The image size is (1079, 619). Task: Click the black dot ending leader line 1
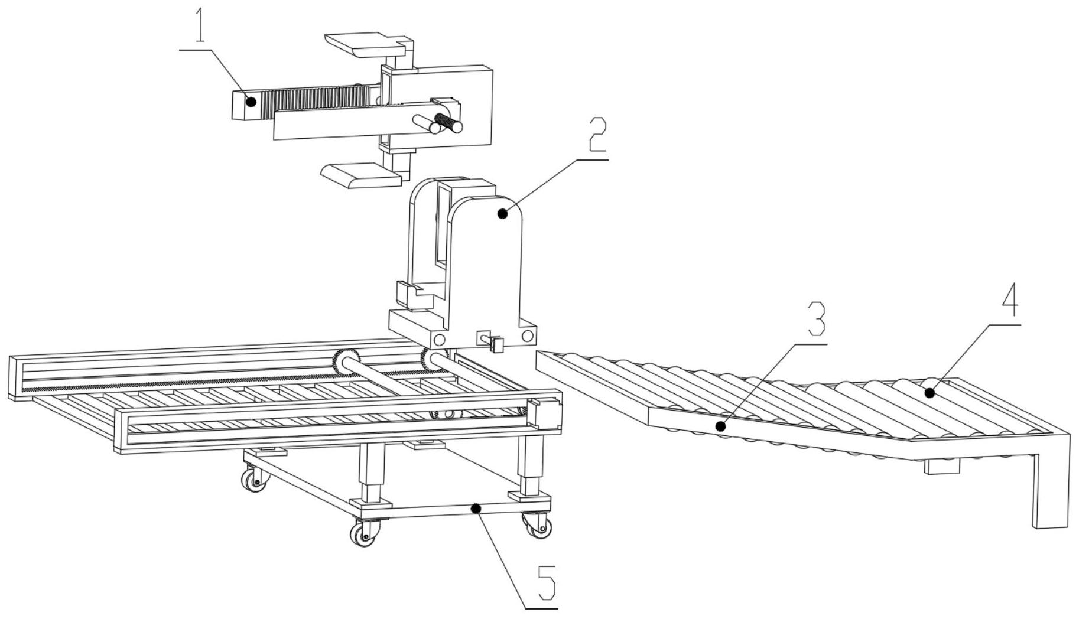click(251, 102)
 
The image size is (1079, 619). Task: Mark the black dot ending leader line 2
click(503, 213)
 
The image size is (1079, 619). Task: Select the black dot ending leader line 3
click(720, 426)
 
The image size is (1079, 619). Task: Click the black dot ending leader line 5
click(476, 508)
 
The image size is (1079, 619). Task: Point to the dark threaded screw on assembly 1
click(447, 123)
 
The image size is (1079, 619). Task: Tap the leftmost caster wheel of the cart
click(255, 478)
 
